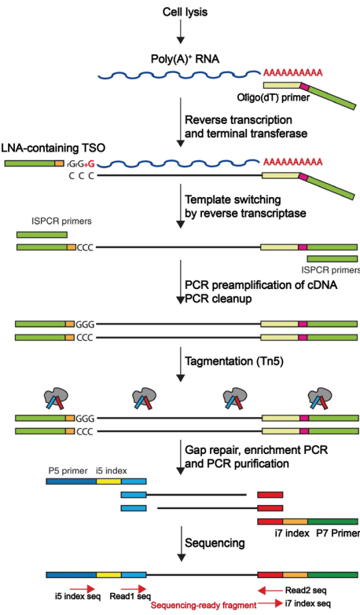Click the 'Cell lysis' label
[185, 12]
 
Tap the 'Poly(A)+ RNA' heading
[185, 59]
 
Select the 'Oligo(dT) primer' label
[274, 97]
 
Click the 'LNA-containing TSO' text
[53, 148]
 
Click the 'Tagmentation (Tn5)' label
[234, 361]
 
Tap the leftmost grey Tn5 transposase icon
[55, 398]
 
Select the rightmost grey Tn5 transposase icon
[320, 398]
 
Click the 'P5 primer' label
[68, 470]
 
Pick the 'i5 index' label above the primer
[112, 470]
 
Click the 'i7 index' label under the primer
[292, 533]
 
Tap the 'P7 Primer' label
[338, 533]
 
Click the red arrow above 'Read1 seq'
[134, 589]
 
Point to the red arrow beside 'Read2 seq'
[270, 590]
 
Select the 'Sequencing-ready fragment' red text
[204, 606]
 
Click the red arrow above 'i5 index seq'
[83, 589]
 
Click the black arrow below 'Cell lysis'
[181, 31]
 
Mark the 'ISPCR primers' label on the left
[61, 221]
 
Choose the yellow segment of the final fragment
[108, 575]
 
